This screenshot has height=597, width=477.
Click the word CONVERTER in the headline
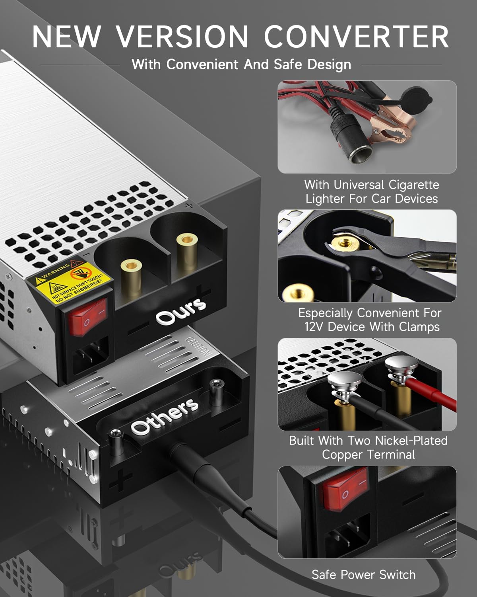click(356, 37)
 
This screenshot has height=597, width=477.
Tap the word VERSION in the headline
click(182, 37)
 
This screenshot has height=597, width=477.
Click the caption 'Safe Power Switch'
click(363, 575)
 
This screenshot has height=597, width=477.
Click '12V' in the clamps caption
click(314, 327)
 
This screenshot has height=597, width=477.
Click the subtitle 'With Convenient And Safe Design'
click(241, 64)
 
